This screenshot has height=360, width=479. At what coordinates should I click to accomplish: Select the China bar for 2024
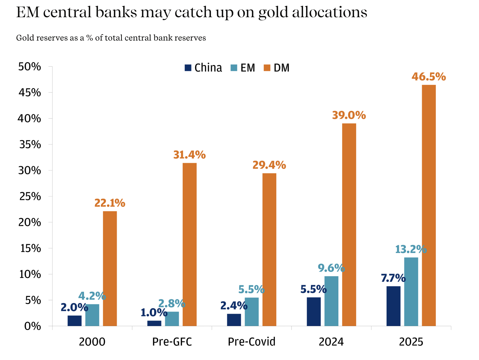pos(314,312)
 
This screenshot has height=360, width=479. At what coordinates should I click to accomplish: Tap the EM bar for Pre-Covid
pos(251,312)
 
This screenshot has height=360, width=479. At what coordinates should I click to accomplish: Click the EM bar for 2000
pos(92,315)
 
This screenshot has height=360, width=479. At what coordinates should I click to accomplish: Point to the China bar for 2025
pos(393,306)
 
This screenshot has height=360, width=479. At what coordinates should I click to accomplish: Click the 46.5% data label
pos(429,77)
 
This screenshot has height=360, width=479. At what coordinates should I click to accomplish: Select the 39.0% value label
pos(349,115)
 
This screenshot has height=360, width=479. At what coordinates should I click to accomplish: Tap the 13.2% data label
pos(411,249)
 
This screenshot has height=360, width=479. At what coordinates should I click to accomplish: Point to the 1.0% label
pos(154,313)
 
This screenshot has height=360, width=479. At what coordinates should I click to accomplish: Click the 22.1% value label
pos(110,203)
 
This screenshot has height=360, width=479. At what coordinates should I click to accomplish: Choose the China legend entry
pos(203,68)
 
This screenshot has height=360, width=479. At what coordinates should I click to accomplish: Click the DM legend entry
pos(277,68)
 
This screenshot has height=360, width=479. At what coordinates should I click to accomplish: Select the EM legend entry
pos(243,68)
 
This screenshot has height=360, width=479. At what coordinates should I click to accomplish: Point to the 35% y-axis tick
pos(30,144)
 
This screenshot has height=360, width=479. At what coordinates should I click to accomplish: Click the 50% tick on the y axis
pos(30,67)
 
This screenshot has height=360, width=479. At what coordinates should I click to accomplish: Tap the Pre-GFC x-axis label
pos(172,342)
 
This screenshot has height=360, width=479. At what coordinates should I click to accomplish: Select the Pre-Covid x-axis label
pos(251,342)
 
